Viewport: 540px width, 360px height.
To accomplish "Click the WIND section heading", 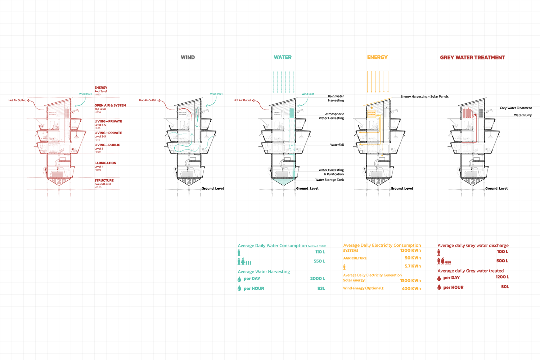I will click(x=188, y=57).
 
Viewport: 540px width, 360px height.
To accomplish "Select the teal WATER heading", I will click(x=283, y=57).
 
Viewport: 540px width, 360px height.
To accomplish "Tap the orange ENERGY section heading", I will click(x=377, y=57).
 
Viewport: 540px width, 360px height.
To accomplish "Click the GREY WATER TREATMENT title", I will click(x=472, y=58).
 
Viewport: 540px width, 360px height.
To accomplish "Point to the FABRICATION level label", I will click(x=105, y=163).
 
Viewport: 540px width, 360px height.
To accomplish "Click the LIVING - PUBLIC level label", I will click(x=107, y=145).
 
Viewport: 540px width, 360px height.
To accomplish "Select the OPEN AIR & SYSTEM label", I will click(x=110, y=105).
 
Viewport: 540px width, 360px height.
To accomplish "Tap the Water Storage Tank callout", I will click(x=329, y=180).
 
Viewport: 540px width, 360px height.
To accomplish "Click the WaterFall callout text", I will click(x=337, y=145).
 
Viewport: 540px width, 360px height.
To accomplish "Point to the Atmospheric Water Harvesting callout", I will click(x=332, y=116).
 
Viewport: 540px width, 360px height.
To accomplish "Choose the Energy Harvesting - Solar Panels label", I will click(x=424, y=96).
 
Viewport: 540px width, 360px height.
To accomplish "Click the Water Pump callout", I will click(x=523, y=115).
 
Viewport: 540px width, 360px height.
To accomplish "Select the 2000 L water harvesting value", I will click(x=318, y=279).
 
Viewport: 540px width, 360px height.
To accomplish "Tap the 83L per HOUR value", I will click(x=321, y=288).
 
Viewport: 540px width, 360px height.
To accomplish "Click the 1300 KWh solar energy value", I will click(x=410, y=280).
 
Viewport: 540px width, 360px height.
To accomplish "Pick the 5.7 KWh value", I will click(x=413, y=266).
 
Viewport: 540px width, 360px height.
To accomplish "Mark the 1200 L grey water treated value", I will click(x=502, y=277).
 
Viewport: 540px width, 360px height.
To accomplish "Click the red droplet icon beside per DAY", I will click(x=439, y=278).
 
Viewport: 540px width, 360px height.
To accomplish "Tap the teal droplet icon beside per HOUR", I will click(x=239, y=288).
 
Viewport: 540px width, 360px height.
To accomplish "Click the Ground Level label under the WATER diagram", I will click(x=307, y=188).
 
